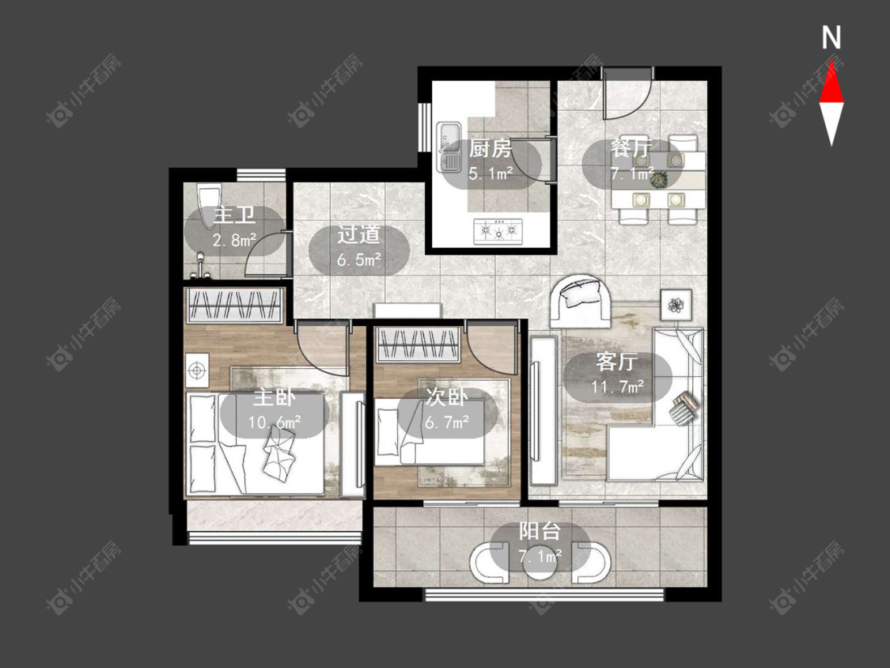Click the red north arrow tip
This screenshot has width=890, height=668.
pos(831,62)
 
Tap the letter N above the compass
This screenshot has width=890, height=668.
pos(831,38)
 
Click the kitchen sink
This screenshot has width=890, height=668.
pos(450,146)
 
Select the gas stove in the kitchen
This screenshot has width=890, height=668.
pos(499,230)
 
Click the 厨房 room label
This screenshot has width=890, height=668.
pos(490,149)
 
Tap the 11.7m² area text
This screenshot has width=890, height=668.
pos(618,387)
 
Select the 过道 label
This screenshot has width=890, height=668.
pos(358,234)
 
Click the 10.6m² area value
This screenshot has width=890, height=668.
pos(275,422)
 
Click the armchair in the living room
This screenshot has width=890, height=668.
pos(581,300)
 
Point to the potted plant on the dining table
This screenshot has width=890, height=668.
pos(658,180)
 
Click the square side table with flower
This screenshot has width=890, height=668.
pos(676,305)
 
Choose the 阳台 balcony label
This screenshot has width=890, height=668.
pos(540,532)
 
